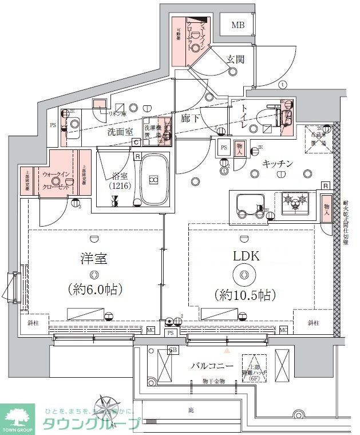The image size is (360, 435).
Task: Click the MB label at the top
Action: (238, 25)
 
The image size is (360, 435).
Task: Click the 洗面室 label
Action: (120, 132)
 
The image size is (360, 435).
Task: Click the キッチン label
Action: (278, 164)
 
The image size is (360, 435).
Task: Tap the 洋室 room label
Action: (93, 259)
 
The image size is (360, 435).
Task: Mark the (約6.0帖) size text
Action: (94, 289)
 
